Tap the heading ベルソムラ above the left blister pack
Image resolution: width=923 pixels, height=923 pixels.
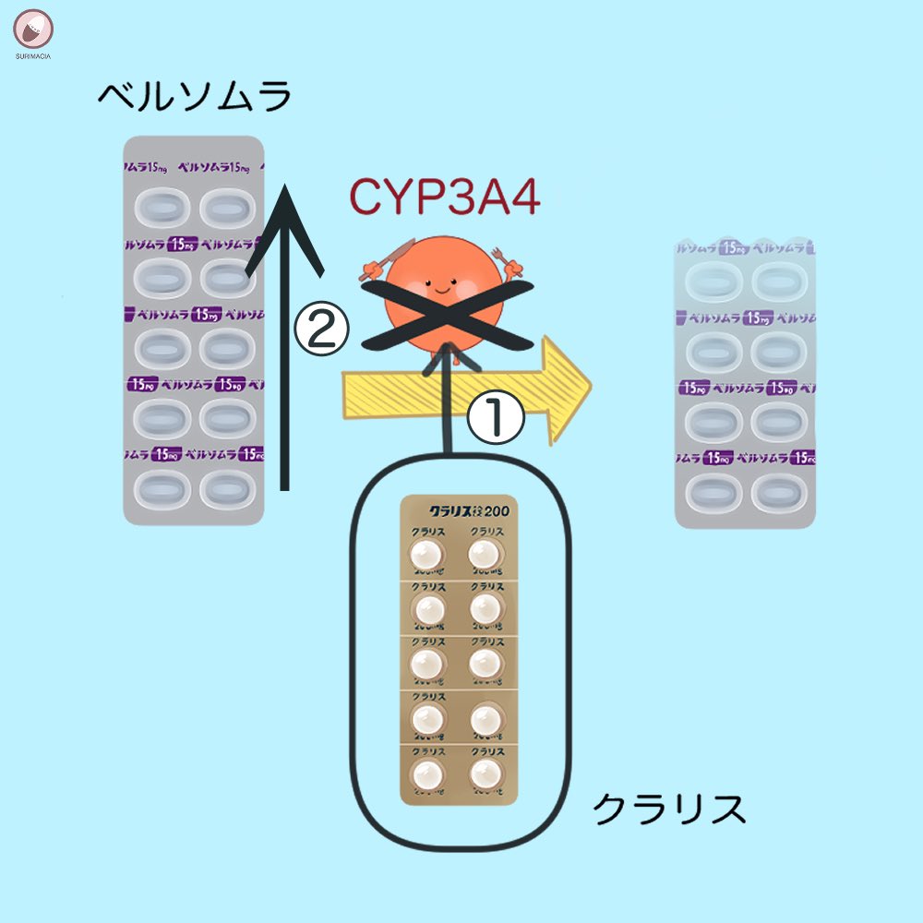tap(195, 95)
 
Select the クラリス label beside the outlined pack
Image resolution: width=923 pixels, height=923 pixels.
tap(668, 809)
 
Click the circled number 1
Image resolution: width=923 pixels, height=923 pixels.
tap(495, 418)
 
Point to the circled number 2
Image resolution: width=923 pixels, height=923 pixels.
tap(320, 330)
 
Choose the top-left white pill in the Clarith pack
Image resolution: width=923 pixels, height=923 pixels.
tap(426, 555)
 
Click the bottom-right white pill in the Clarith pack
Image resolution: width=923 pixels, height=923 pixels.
tap(485, 773)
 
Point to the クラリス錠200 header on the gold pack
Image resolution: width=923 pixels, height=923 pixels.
tap(460, 509)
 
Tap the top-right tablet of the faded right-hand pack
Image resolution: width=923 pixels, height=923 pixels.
tap(778, 280)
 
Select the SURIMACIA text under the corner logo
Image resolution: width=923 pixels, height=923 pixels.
tap(34, 56)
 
